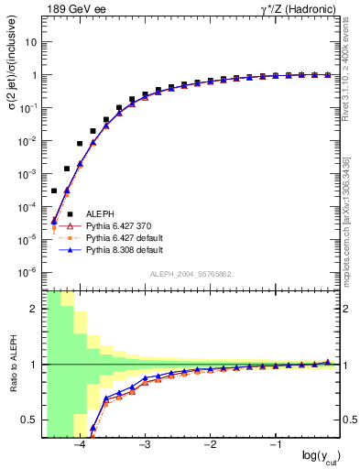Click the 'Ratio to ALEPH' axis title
coord(14,364)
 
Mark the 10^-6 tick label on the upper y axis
coord(28,272)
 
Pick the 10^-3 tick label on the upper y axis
coord(28,173)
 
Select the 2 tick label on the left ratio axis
coord(34,309)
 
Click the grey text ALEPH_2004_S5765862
coord(191,274)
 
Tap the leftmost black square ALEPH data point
coord(54,191)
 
